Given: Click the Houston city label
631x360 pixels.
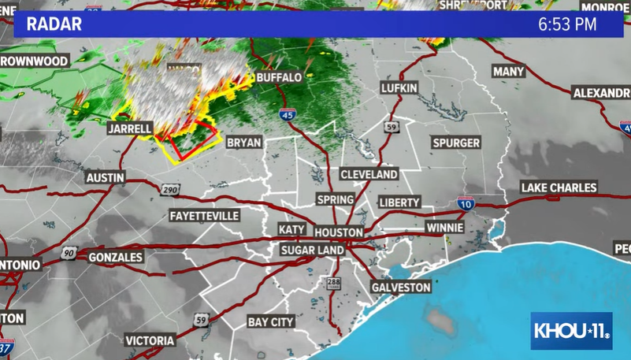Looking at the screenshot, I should pos(339,232).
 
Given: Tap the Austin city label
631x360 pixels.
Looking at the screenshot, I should pos(105,178).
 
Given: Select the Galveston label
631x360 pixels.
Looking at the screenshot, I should pos(401,288).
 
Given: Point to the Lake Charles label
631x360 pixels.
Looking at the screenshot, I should pos(559,187).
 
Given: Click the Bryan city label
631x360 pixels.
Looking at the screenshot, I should pos(243,143).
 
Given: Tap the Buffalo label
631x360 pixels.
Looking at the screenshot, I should pos(279,78).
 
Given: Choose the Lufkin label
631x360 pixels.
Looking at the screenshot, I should pos(399,88).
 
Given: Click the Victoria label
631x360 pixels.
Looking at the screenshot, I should pos(150,340).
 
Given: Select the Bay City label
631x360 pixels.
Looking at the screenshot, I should pos(271,321).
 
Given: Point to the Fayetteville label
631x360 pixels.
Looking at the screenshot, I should pos(204,215).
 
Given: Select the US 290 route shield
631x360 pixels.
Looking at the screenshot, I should pos(173,190).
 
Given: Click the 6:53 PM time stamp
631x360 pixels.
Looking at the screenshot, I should pos(567,24).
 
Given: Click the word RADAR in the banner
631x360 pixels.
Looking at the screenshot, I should pos(54,24).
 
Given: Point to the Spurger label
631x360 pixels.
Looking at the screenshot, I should pos(456,143).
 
